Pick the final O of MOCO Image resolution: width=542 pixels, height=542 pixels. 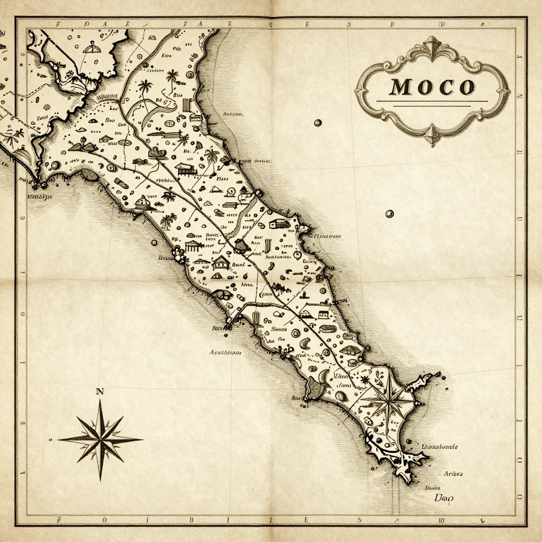pyautogui.click(x=466, y=87)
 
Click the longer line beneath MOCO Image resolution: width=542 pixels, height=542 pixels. pyautogui.click(x=431, y=101)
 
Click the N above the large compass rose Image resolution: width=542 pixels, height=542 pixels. pyautogui.click(x=100, y=392)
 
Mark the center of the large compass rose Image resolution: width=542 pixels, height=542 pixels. pyautogui.click(x=100, y=439)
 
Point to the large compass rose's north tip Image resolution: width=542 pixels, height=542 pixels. pyautogui.click(x=100, y=401)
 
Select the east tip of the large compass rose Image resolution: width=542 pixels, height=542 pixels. pyautogui.click(x=141, y=439)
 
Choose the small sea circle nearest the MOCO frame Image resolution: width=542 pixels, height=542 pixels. pyautogui.click(x=318, y=123)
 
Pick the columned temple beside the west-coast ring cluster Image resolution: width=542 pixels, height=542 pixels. pyautogui.click(x=194, y=245)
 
